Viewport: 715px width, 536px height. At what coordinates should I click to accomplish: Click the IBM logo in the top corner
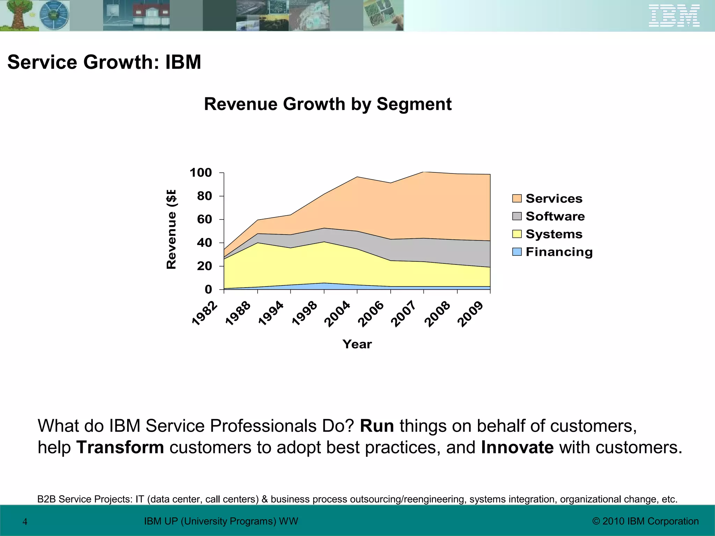674,16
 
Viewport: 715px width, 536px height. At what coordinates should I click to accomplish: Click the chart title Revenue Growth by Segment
327,104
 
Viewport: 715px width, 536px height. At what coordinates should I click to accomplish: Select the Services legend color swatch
517,199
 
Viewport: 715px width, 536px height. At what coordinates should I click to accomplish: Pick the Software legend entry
555,216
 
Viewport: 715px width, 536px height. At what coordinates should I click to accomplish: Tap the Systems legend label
554,234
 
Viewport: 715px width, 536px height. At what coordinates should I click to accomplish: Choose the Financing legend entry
559,252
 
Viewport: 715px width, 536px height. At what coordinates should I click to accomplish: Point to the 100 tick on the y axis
201,173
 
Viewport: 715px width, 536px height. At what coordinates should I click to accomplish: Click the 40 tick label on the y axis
204,243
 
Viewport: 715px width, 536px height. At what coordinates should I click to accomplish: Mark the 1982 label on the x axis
205,313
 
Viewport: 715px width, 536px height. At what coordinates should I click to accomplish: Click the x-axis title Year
357,344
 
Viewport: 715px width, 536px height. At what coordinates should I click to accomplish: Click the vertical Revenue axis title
171,229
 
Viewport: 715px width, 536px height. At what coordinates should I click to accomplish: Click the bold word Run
377,426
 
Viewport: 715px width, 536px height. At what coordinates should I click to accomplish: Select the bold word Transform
120,448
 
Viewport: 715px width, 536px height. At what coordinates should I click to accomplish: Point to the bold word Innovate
517,448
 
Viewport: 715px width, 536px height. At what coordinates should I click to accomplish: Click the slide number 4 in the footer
25,522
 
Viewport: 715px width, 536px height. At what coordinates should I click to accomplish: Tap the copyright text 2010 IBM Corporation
646,521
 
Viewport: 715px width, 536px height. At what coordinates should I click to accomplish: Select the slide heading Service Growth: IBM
104,62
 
